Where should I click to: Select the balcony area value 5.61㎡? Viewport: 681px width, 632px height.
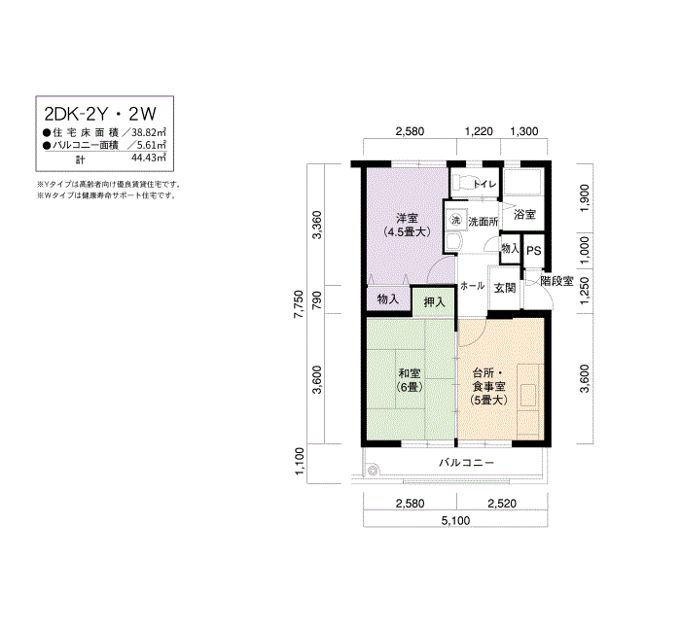151,144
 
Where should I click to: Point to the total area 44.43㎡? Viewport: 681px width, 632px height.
150,157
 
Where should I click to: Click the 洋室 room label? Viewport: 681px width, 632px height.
408,218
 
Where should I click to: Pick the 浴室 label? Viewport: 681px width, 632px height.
524,214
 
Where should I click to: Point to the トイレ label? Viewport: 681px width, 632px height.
482,184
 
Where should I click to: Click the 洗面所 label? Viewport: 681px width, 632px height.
484,222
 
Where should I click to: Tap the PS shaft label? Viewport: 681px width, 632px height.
533,250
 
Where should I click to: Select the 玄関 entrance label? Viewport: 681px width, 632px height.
504,288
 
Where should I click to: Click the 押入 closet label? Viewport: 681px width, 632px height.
434,301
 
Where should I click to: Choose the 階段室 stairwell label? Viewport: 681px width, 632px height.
558,281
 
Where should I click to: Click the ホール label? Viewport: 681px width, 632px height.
472,287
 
